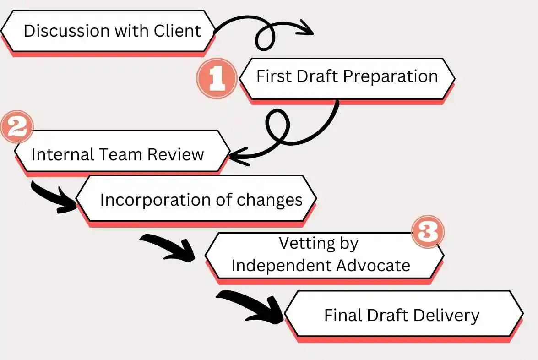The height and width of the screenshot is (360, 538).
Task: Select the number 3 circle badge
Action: [428, 233]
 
